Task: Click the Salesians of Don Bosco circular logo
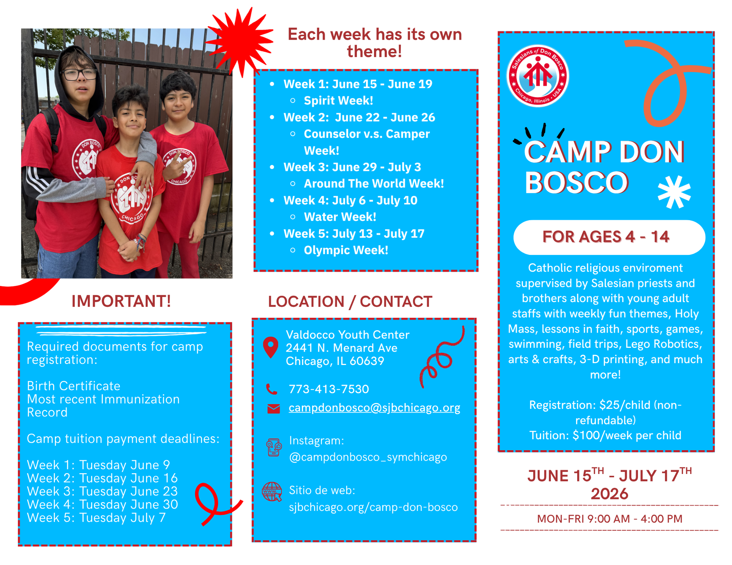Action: tap(537, 76)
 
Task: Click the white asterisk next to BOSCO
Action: tap(674, 192)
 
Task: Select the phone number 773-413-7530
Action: tap(329, 389)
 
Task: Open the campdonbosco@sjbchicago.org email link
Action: tap(374, 408)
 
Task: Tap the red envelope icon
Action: tap(273, 409)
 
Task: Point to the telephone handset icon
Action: tap(271, 389)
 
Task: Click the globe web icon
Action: tap(272, 492)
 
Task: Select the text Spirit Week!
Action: tap(338, 101)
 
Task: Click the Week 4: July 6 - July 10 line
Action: tap(350, 200)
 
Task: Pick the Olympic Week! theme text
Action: tap(346, 250)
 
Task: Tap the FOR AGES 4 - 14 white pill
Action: tap(609, 237)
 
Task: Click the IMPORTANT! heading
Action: tap(121, 301)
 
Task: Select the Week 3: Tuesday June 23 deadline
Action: tap(102, 491)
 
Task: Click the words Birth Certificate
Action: tap(74, 386)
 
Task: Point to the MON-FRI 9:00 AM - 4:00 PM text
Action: tap(610, 519)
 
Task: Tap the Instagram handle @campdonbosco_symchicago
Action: tap(368, 457)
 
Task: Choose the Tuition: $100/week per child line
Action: tap(605, 435)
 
